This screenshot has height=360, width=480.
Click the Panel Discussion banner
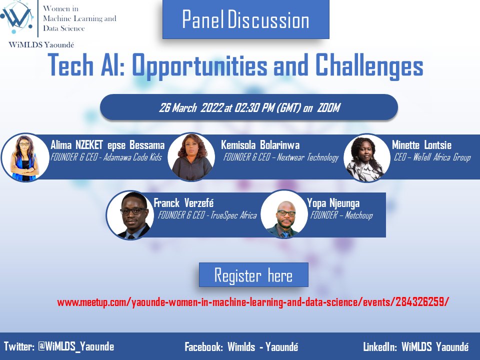pyautogui.click(x=245, y=20)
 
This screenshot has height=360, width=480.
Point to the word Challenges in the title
pyautogui.click(x=367, y=66)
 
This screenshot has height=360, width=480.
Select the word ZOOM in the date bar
pyautogui.click(x=328, y=108)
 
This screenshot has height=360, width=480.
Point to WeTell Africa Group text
pyautogui.click(x=440, y=157)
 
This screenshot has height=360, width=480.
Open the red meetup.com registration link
pyautogui.click(x=253, y=302)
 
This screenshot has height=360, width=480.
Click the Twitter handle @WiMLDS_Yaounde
pyautogui.click(x=76, y=346)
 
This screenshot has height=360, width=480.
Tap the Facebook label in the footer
pyautogui.click(x=204, y=347)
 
